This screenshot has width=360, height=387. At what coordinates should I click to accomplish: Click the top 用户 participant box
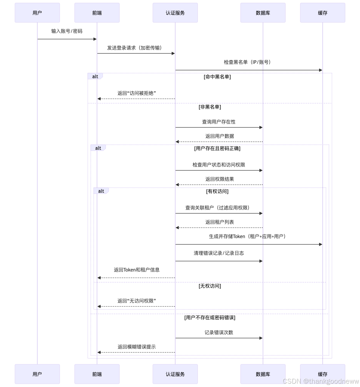[x=37, y=13]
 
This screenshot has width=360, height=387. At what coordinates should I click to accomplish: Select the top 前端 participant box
[x=97, y=13]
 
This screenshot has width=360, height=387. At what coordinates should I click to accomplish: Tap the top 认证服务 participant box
[x=175, y=13]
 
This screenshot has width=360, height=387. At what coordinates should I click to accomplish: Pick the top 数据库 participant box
[x=263, y=13]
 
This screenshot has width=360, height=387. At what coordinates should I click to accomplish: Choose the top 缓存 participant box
[x=323, y=13]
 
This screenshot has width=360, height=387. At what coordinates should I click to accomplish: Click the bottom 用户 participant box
[x=37, y=374]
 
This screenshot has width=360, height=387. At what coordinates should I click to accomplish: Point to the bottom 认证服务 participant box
[x=175, y=374]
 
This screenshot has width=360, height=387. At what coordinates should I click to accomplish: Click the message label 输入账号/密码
[x=67, y=31]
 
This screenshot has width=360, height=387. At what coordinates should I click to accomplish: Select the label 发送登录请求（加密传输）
[x=136, y=48]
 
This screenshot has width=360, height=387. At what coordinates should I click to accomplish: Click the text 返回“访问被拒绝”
[x=137, y=93]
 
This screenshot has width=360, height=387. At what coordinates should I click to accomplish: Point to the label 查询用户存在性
[x=219, y=122]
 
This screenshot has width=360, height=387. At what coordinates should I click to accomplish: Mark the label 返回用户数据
[x=219, y=136]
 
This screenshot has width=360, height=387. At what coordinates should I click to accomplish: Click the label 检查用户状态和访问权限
[x=219, y=165]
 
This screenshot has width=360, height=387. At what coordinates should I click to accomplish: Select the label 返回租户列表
[x=219, y=222]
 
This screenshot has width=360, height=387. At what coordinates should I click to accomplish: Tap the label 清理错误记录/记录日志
[x=219, y=253]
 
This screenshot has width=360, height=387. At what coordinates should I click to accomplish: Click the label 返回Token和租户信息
[x=137, y=270]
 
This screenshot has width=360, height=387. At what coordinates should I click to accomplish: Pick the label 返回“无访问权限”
[x=137, y=301]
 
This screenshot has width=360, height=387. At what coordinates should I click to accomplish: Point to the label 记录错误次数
[x=219, y=332]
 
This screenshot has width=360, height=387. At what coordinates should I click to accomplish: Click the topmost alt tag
[x=95, y=76]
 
